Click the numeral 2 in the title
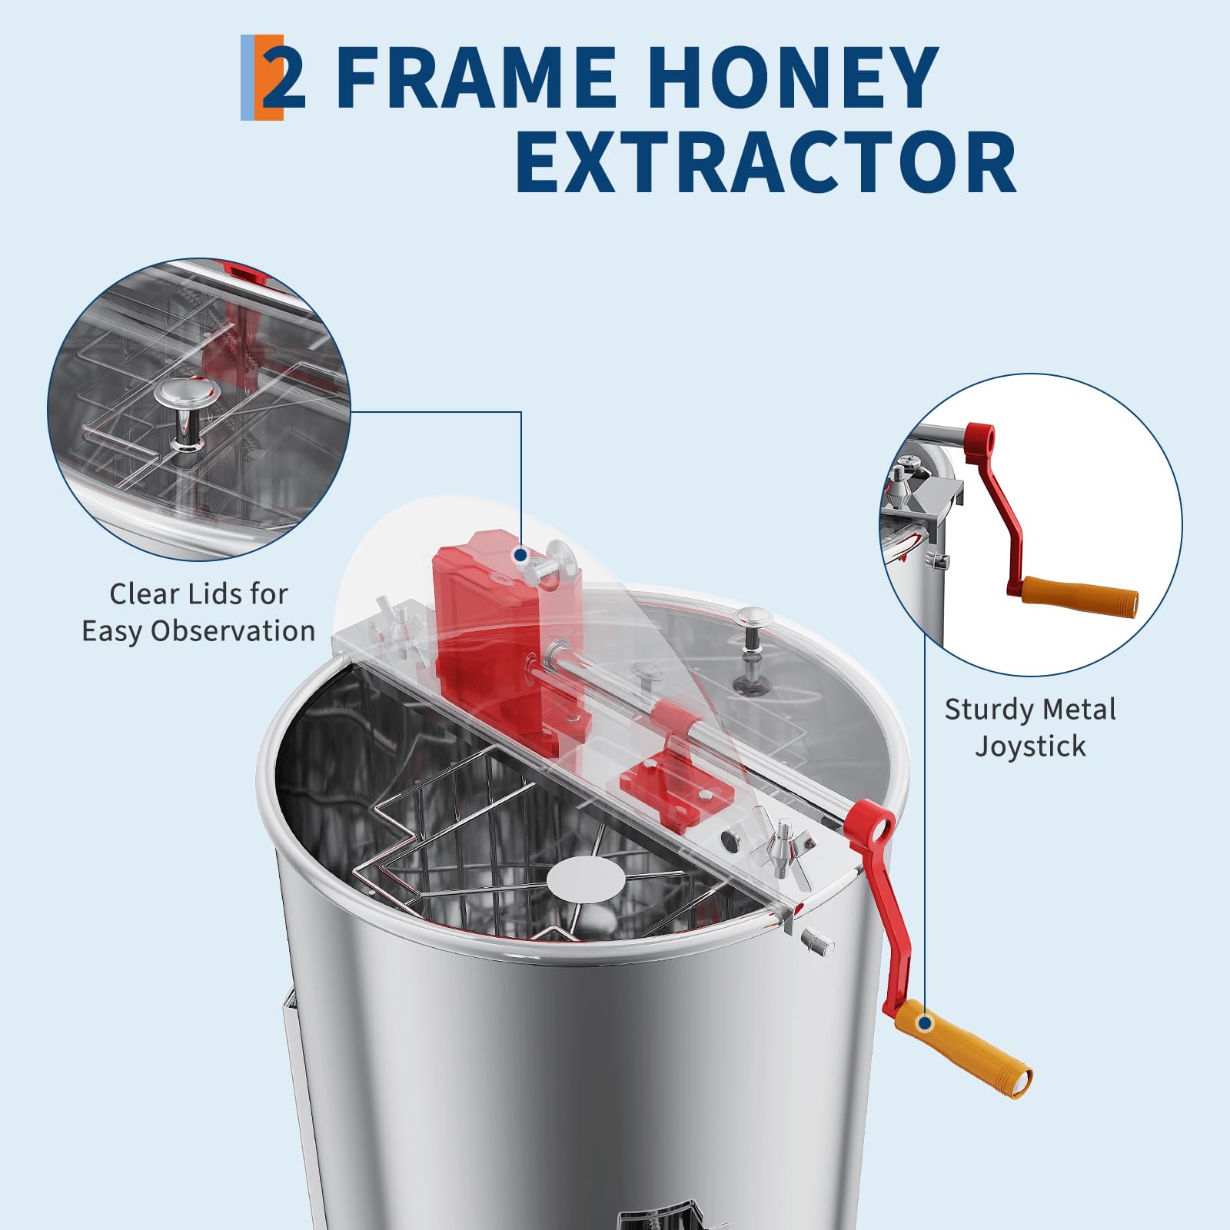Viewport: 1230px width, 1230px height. pyautogui.click(x=284, y=78)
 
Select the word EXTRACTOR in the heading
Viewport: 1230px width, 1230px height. pyautogui.click(x=766, y=162)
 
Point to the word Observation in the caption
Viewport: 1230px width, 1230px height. pyautogui.click(x=233, y=630)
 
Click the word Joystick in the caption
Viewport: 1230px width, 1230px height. pyautogui.click(x=1030, y=746)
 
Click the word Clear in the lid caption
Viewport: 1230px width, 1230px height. pyautogui.click(x=141, y=593)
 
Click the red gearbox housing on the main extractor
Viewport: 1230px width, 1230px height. pyautogui.click(x=493, y=607)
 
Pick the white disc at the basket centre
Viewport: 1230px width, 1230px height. pyautogui.click(x=586, y=879)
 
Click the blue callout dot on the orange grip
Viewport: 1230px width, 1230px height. pyautogui.click(x=926, y=1023)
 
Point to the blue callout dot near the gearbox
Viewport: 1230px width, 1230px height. pyautogui.click(x=520, y=554)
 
